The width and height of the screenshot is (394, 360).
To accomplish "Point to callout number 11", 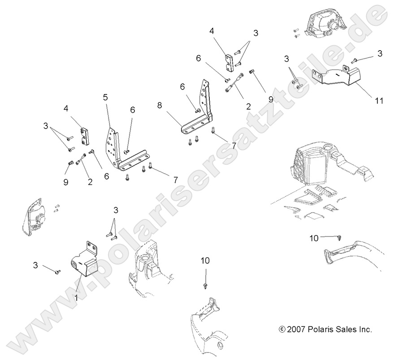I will pyautogui.click(x=379, y=101).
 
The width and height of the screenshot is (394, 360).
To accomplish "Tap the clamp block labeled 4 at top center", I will pyautogui.click(x=230, y=62).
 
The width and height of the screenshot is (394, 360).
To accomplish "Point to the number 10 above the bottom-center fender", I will pyautogui.click(x=205, y=260).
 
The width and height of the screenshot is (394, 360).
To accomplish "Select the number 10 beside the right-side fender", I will pyautogui.click(x=314, y=238).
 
